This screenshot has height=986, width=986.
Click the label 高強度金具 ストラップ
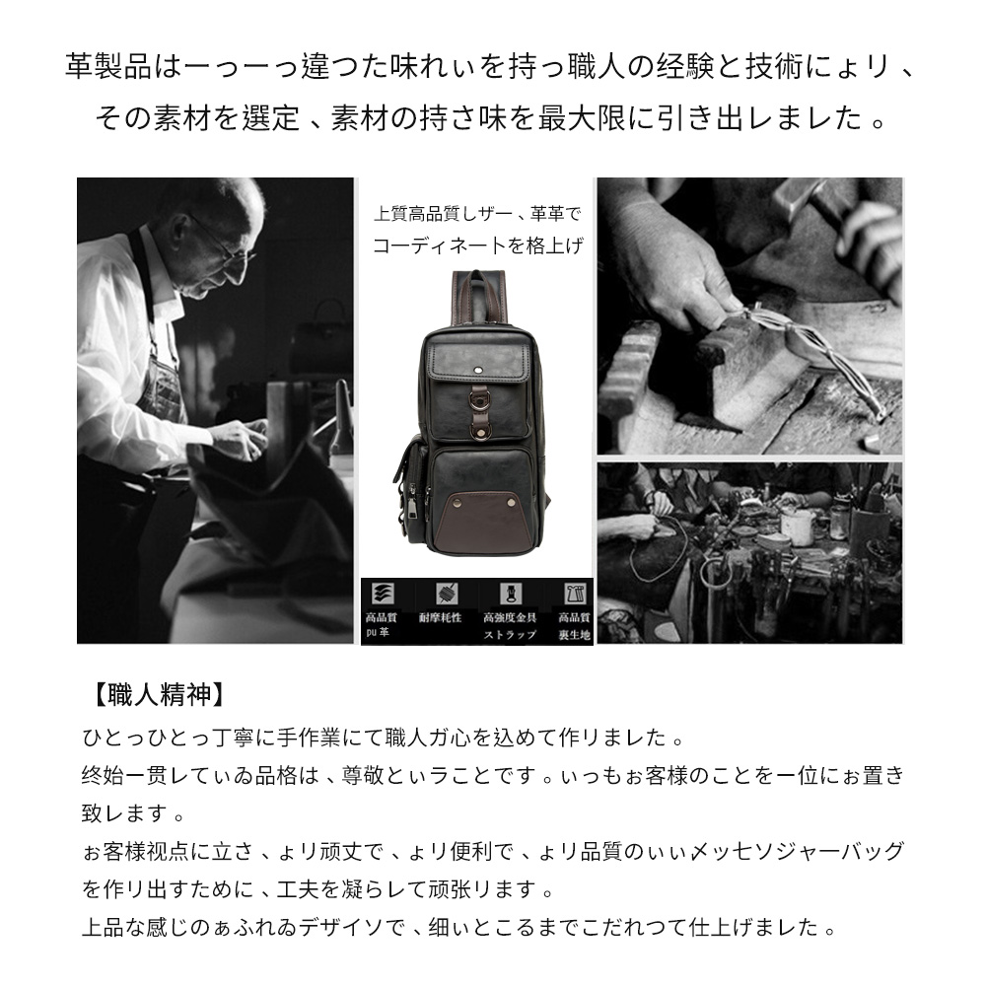click(x=510, y=626)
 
